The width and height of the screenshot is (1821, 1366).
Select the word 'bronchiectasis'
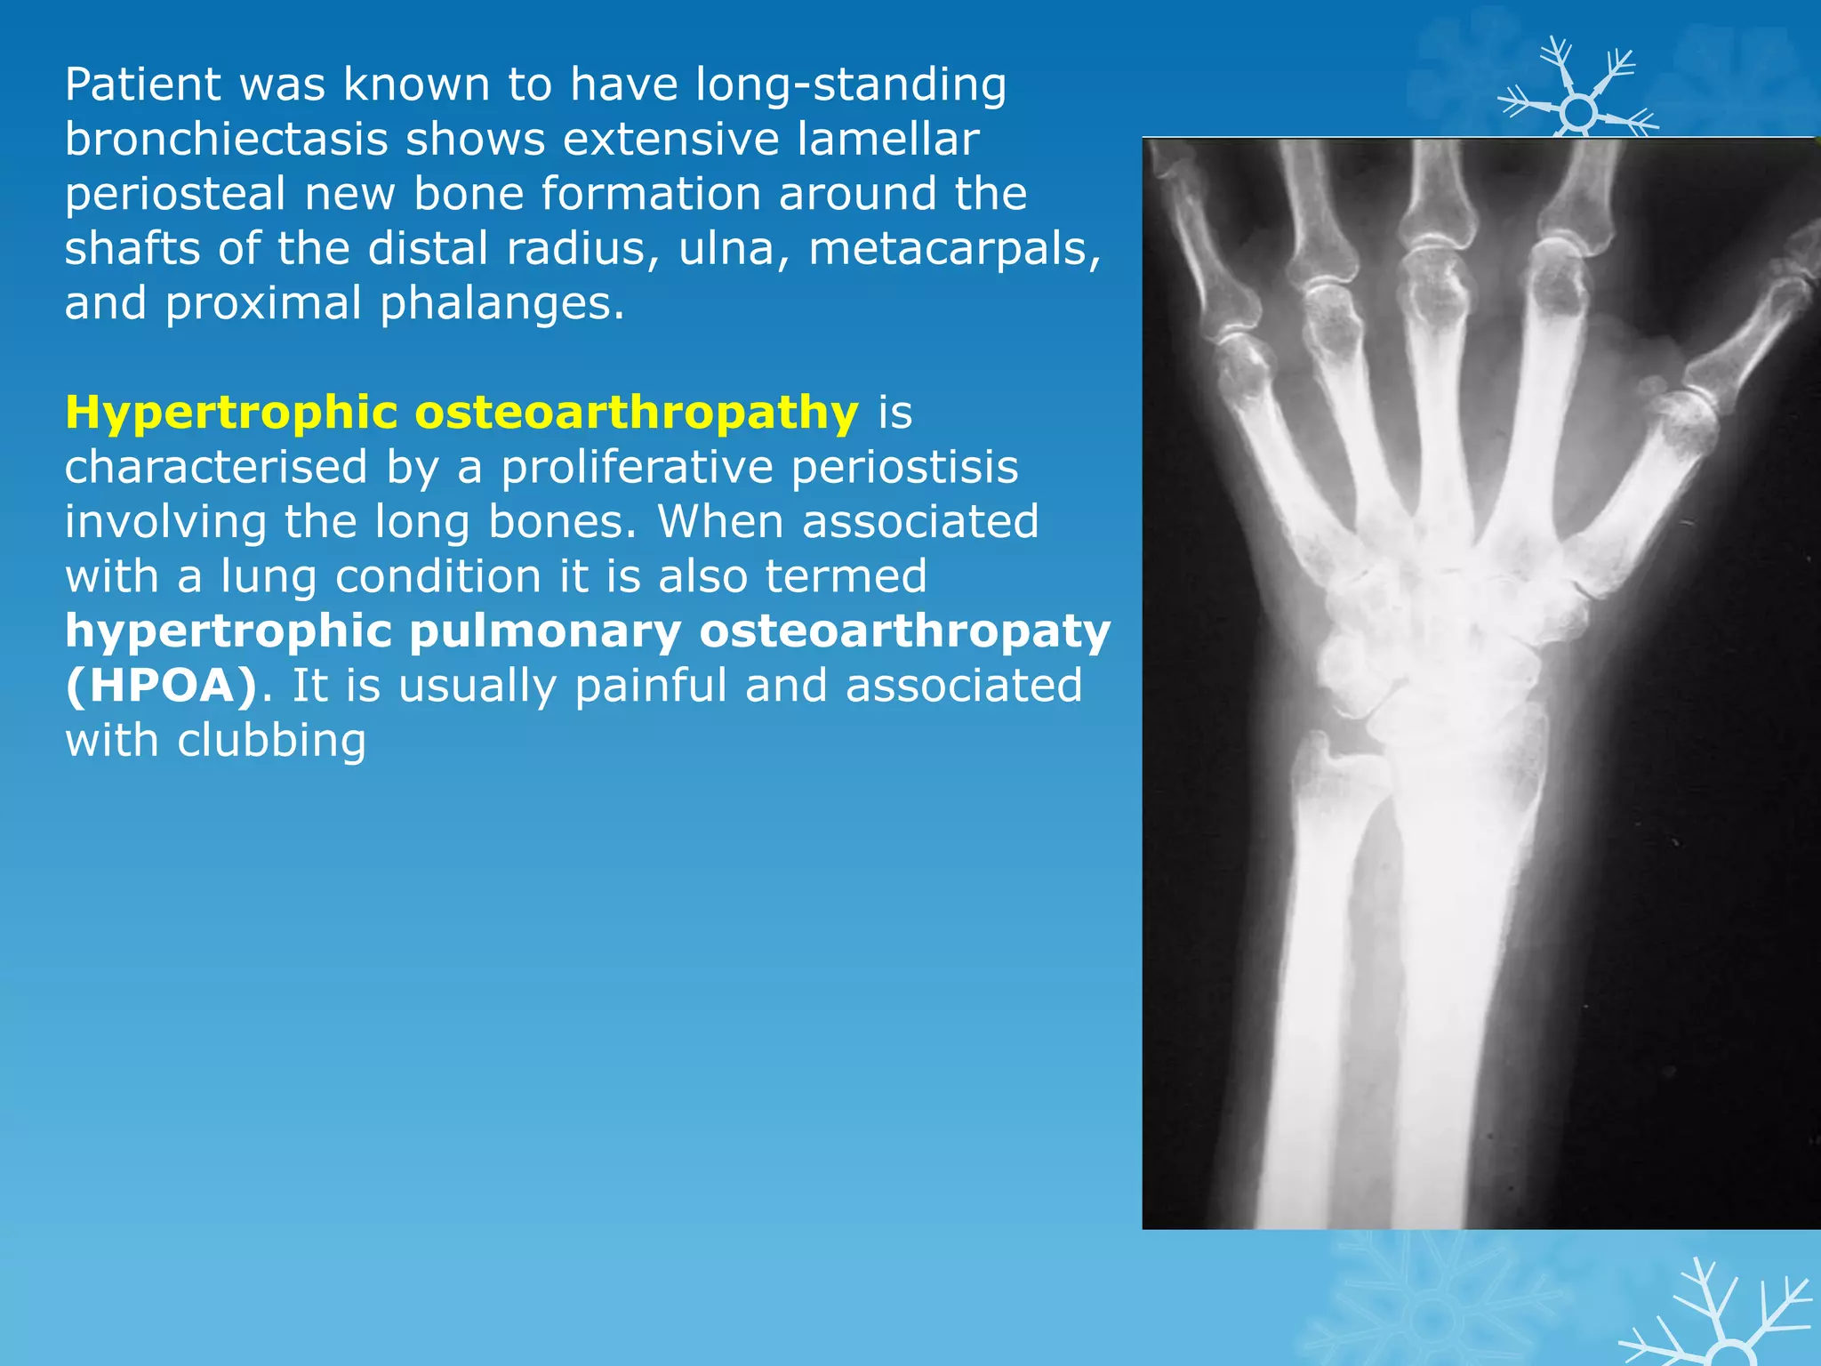click(x=226, y=140)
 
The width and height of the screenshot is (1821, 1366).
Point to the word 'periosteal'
click(x=175, y=195)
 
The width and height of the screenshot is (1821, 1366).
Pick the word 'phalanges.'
click(x=502, y=304)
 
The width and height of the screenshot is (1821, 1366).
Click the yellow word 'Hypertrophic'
click(x=231, y=414)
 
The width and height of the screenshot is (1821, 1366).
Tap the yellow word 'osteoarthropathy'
click(x=637, y=414)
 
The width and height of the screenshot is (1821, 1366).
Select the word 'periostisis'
click(x=904, y=468)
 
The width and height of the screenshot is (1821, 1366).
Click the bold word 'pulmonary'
click(x=545, y=632)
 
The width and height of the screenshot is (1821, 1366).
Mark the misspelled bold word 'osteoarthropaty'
click(x=905, y=632)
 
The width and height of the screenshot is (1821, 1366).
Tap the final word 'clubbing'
click(x=271, y=741)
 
